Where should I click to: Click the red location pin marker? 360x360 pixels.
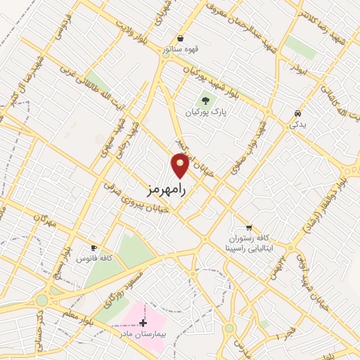pyautogui.click(x=181, y=165)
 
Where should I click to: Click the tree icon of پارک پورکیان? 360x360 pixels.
pyautogui.click(x=206, y=100)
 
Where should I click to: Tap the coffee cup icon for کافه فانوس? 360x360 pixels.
pyautogui.click(x=94, y=248)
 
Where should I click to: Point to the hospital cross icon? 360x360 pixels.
pyautogui.click(x=144, y=322)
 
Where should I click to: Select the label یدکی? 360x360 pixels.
pyautogui.click(x=298, y=125)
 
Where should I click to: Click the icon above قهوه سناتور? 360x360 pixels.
pyautogui.click(x=181, y=38)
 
